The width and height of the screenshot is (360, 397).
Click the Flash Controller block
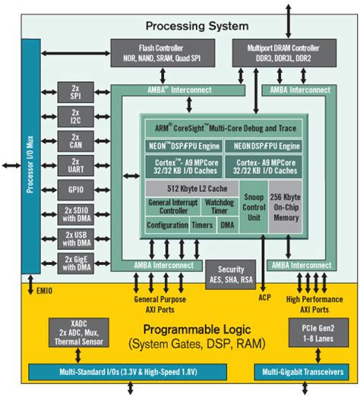(x=156, y=52)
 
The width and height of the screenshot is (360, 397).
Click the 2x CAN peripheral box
(x=76, y=142)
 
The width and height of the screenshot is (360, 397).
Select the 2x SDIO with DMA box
(x=76, y=216)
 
